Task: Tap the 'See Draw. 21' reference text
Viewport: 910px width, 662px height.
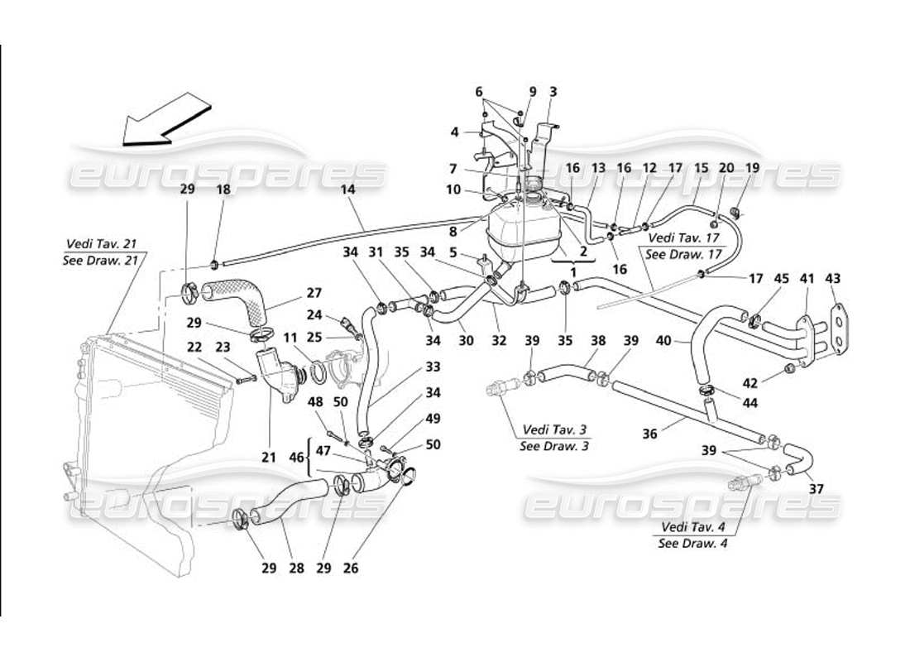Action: [101, 258]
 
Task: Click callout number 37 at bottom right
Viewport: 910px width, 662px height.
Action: [817, 489]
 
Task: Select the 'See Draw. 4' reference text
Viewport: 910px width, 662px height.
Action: [692, 544]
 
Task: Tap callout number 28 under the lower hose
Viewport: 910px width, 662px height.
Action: [295, 569]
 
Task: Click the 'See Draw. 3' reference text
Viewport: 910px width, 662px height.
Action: [554, 446]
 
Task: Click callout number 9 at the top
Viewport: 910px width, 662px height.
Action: [533, 91]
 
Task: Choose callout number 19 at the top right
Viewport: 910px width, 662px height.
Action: [753, 168]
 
